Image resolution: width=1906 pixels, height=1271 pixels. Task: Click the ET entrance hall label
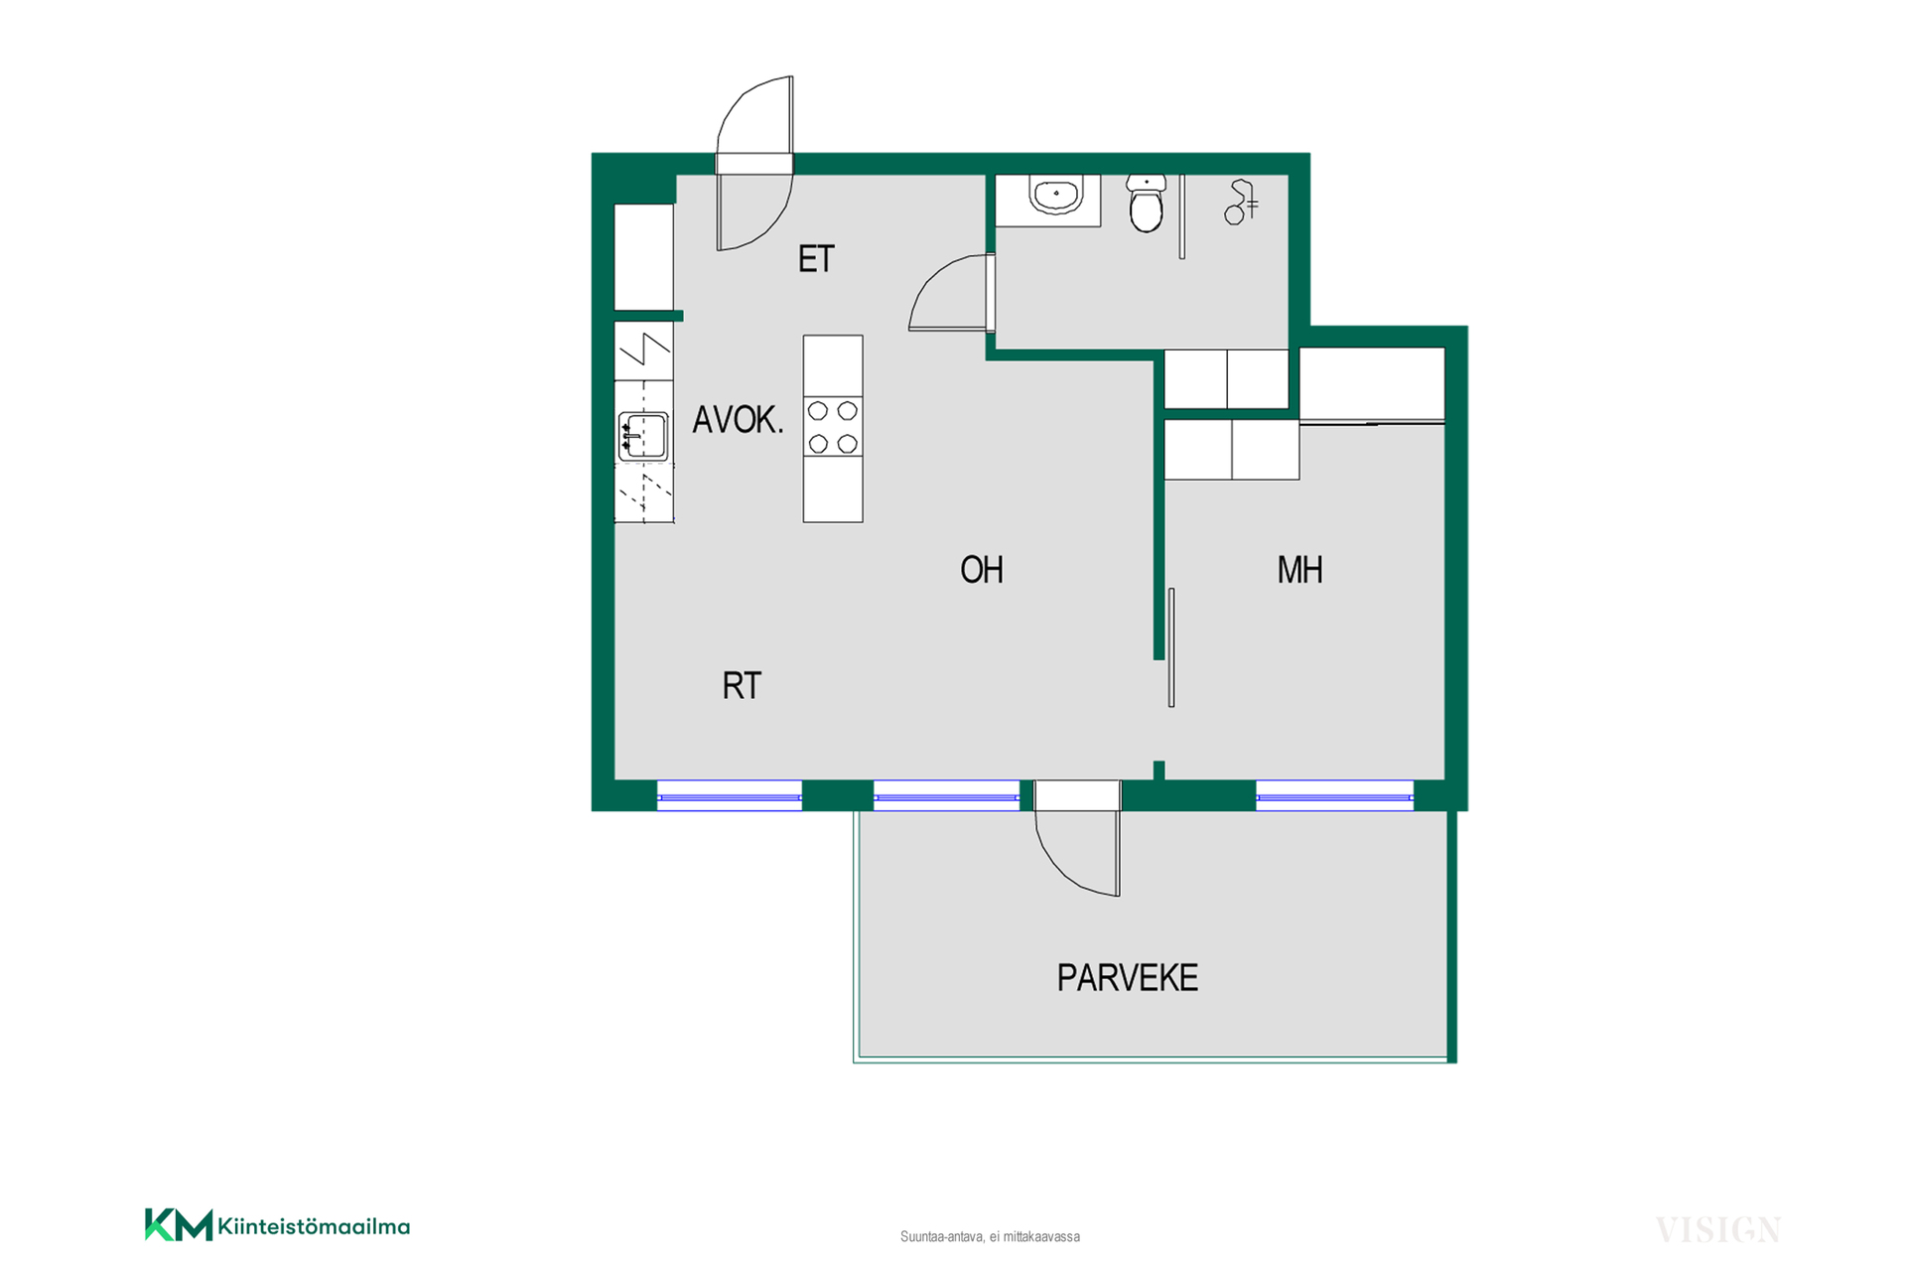click(x=816, y=259)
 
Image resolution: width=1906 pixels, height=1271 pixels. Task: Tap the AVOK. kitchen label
click(x=738, y=420)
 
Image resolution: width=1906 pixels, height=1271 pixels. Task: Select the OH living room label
click(x=982, y=570)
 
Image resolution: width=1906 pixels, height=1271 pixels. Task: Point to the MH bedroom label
click(x=1299, y=570)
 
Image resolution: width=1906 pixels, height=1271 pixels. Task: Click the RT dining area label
click(x=742, y=686)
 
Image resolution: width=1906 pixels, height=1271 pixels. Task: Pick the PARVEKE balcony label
click(x=1127, y=979)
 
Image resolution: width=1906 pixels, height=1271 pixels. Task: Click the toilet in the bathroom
click(x=1147, y=204)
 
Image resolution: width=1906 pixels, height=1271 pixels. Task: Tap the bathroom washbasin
click(x=1055, y=195)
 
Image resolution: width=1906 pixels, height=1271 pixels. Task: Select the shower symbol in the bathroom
click(x=1241, y=202)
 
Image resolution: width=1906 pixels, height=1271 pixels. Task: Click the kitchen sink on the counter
click(x=643, y=436)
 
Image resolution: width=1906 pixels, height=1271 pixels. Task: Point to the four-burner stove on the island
click(x=833, y=427)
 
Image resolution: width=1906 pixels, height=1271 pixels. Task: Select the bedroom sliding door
click(x=1171, y=647)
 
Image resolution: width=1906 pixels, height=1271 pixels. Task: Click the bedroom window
click(x=1334, y=796)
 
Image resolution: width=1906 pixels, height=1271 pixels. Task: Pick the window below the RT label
click(x=730, y=796)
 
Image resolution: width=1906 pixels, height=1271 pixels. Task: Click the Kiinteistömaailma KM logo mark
click(x=179, y=1225)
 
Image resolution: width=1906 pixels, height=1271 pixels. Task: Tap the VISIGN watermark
click(x=1717, y=1230)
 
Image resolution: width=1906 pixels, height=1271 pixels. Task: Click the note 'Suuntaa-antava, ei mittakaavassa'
click(x=990, y=1237)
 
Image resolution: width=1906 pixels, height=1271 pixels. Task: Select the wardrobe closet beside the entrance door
click(x=644, y=257)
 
